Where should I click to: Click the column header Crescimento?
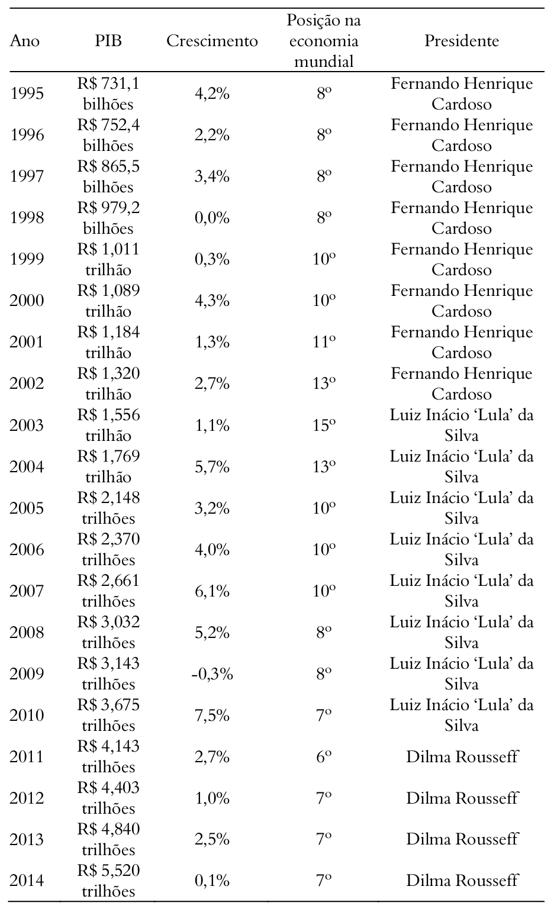pyautogui.click(x=212, y=41)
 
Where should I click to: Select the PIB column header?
pyautogui.click(x=108, y=41)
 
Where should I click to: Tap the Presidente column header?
pyautogui.click(x=462, y=41)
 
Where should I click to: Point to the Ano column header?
pyautogui.click(x=25, y=41)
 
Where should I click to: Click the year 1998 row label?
pyautogui.click(x=27, y=218)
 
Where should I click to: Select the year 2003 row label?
pyautogui.click(x=27, y=426)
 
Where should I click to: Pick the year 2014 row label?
pyautogui.click(x=27, y=881)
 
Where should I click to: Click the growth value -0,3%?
pyautogui.click(x=212, y=674)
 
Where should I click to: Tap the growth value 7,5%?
pyautogui.click(x=212, y=715)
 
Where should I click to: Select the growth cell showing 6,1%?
pyautogui.click(x=212, y=591)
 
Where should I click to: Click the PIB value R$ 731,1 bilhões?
pyautogui.click(x=108, y=94)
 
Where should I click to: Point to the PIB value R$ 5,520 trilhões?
pyautogui.click(x=108, y=881)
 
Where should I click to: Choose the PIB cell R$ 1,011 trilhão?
pyautogui.click(x=108, y=260)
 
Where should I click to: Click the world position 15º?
pyautogui.click(x=324, y=426)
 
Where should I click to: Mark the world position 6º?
pyautogui.click(x=324, y=757)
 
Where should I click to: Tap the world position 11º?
pyautogui.click(x=324, y=343)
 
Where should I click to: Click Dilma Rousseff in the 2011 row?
pyautogui.click(x=462, y=757)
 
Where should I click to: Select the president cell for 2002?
pyautogui.click(x=462, y=384)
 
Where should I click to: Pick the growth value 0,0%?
pyautogui.click(x=212, y=218)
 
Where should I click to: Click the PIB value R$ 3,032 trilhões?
pyautogui.click(x=108, y=633)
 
